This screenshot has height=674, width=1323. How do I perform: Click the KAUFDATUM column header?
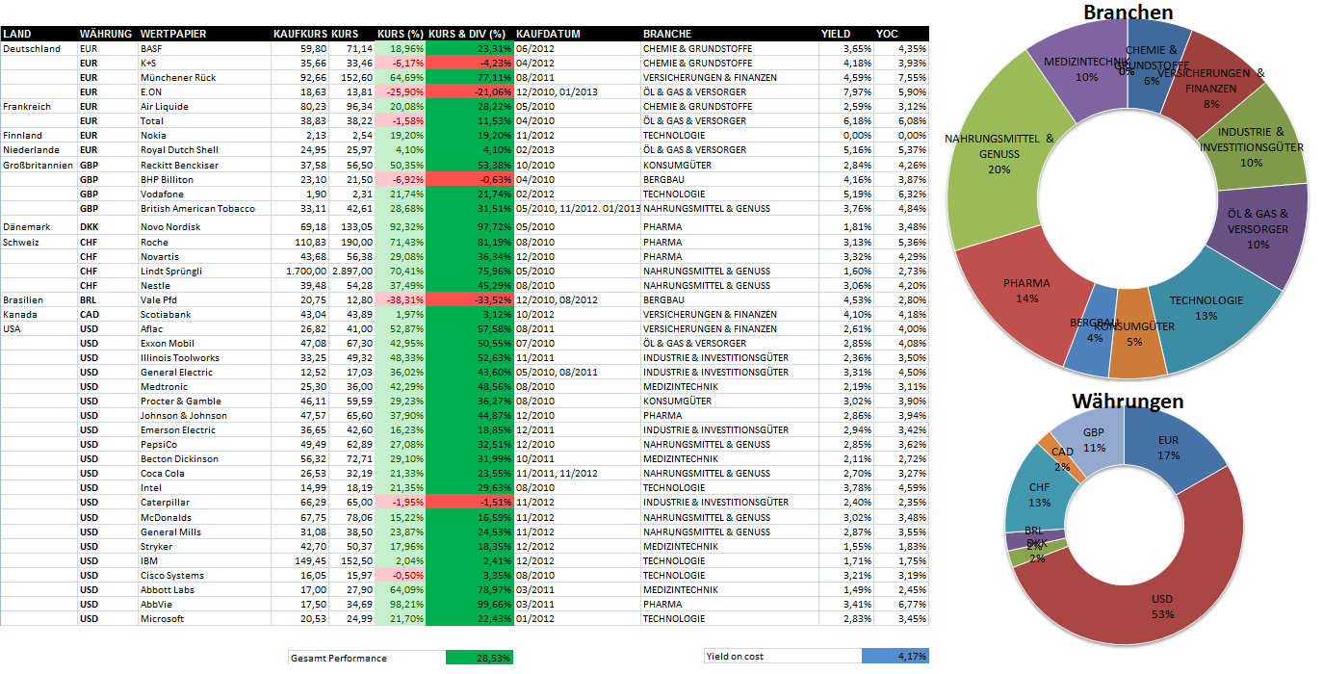pyautogui.click(x=548, y=34)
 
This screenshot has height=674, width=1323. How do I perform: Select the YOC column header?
pyautogui.click(x=887, y=34)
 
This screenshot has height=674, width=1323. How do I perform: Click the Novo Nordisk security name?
pyautogui.click(x=170, y=227)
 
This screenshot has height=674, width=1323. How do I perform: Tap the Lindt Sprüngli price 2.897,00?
pyautogui.click(x=352, y=271)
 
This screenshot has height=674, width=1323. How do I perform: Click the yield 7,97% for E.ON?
pyautogui.click(x=857, y=91)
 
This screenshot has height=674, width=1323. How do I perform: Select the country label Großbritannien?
pyautogui.click(x=39, y=165)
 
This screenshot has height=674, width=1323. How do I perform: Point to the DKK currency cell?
pyautogui.click(x=90, y=227)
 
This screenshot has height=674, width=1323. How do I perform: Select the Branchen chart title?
pyautogui.click(x=1128, y=13)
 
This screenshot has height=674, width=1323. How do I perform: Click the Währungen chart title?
pyautogui.click(x=1128, y=401)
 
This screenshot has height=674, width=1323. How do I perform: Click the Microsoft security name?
pyautogui.click(x=162, y=618)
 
